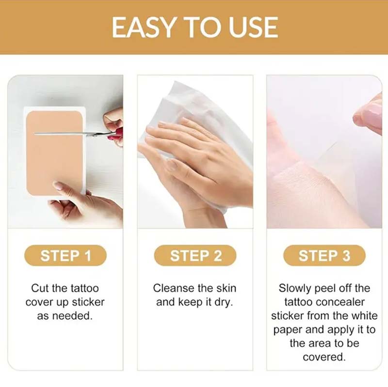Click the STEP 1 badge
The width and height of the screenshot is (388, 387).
(x=65, y=256)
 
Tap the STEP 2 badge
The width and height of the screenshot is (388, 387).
(x=195, y=256)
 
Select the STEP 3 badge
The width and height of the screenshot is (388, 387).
(x=324, y=256)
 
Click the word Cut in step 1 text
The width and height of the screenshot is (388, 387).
(x=40, y=288)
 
